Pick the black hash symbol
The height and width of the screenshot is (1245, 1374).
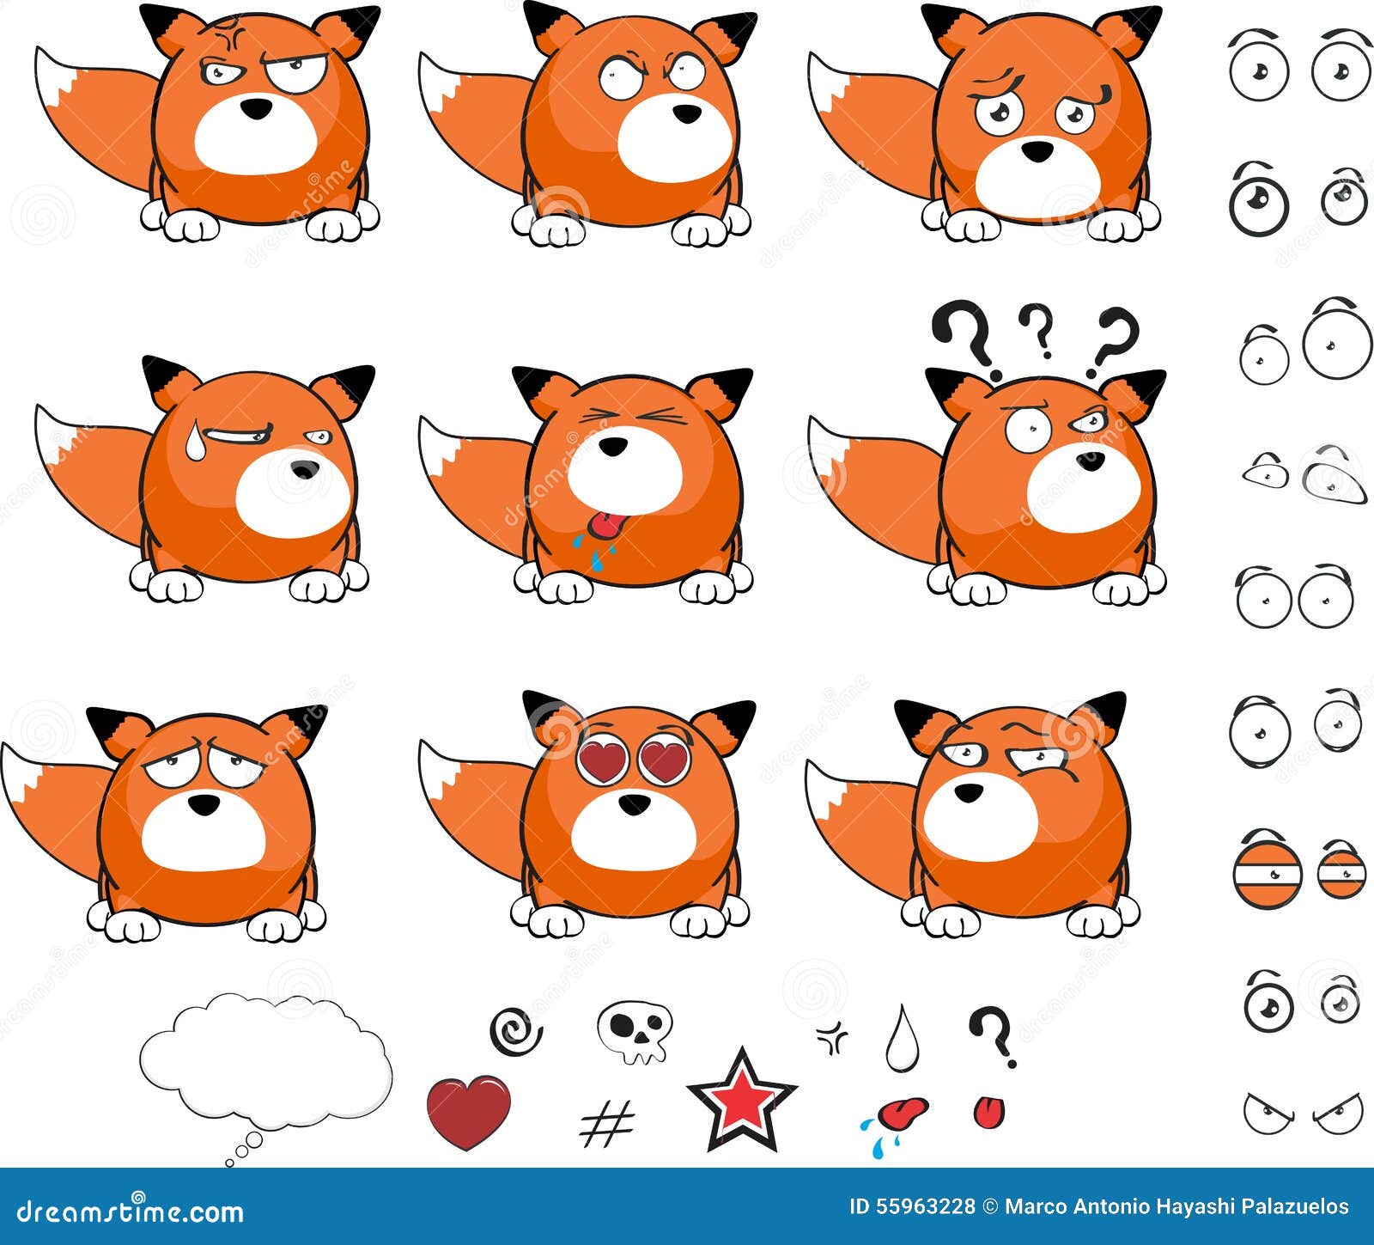point(606,1124)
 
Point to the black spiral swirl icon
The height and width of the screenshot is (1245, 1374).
point(515,1031)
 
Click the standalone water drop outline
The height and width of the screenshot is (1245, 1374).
point(902,1040)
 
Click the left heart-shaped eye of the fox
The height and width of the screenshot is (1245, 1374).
point(603,760)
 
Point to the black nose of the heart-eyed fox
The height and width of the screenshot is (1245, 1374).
point(635,804)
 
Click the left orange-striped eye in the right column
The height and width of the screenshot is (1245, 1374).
point(1268,875)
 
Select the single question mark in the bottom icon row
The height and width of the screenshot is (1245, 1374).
point(993,1034)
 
